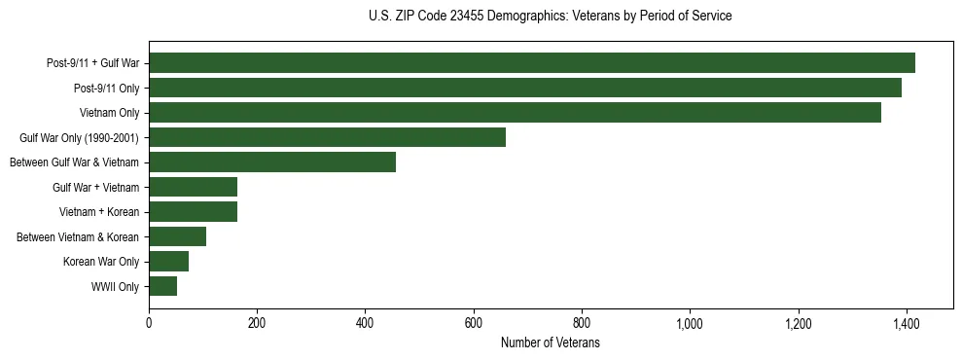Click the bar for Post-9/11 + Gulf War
point(532,63)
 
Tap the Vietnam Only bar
point(515,113)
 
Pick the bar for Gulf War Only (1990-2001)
point(327,137)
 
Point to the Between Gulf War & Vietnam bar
point(272,162)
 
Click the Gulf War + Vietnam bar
point(193,187)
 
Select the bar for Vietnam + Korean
point(193,211)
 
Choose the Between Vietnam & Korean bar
point(177,236)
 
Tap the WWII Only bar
point(162,286)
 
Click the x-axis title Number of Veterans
point(550,343)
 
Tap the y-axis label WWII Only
point(115,287)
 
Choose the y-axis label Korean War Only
point(101,262)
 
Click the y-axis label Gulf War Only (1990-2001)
point(80,138)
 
